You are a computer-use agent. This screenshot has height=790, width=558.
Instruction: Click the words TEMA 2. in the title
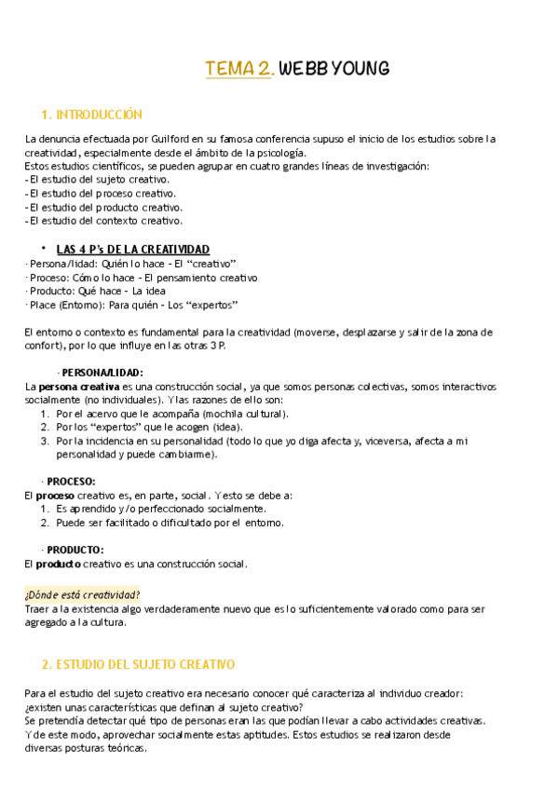point(239,68)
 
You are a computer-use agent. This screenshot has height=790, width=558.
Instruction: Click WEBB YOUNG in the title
point(333,68)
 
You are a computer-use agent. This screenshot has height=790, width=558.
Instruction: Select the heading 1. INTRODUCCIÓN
point(92,115)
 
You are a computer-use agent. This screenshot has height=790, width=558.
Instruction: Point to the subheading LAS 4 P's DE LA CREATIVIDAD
point(133,250)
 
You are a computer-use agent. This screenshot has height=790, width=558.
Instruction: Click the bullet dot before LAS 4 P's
point(44,248)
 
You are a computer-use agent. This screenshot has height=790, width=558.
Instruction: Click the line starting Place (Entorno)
point(132,305)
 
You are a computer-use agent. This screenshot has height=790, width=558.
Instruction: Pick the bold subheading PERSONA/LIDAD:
point(102,373)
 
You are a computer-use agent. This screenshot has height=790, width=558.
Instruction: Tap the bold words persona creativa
point(78,387)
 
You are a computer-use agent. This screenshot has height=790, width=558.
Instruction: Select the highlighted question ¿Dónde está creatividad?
point(82,593)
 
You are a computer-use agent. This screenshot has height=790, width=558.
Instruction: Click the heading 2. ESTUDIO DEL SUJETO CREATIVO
point(139,664)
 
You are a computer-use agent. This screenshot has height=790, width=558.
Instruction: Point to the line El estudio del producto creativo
point(105,208)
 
